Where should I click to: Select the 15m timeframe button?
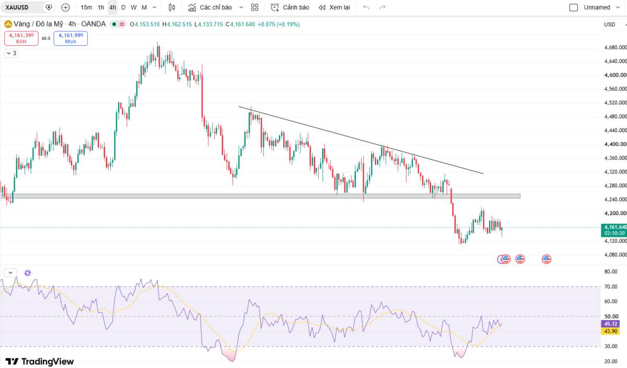click(x=86, y=7)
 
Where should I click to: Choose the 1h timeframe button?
click(x=101, y=7)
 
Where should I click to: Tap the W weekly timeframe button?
click(x=134, y=7)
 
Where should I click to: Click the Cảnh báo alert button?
click(x=289, y=7)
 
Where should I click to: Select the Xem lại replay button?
click(x=334, y=7)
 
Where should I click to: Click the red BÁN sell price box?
click(x=21, y=38)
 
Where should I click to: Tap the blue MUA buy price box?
click(x=71, y=38)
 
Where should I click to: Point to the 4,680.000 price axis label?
click(x=616, y=48)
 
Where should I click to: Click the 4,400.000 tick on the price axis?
click(x=616, y=144)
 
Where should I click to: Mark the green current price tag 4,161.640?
click(x=614, y=230)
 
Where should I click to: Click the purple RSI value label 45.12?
click(x=610, y=324)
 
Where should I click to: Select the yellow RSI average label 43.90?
click(x=610, y=331)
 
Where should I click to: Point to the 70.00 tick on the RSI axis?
click(x=611, y=287)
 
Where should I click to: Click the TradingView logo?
click(x=40, y=362)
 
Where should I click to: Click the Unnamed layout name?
click(x=597, y=7)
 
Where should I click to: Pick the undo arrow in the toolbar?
click(x=366, y=7)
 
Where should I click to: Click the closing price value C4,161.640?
click(x=240, y=25)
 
